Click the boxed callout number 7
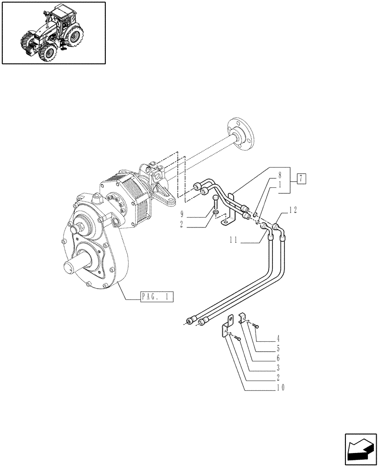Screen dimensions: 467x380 pyautogui.click(x=302, y=178)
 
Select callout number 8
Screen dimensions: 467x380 pyautogui.click(x=279, y=177)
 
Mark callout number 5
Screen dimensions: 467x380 pyautogui.click(x=278, y=348)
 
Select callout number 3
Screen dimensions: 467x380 pyautogui.click(x=278, y=368)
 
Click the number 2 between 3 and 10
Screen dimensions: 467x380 pyautogui.click(x=278, y=377)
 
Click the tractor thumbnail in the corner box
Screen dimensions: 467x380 pyautogui.click(x=53, y=33)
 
